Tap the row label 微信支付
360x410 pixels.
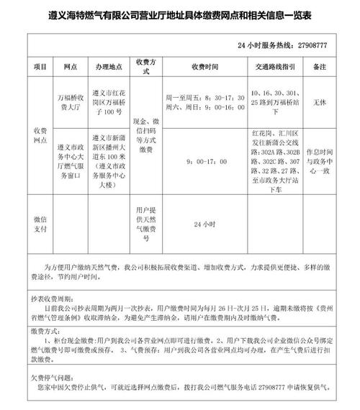point(39,223)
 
